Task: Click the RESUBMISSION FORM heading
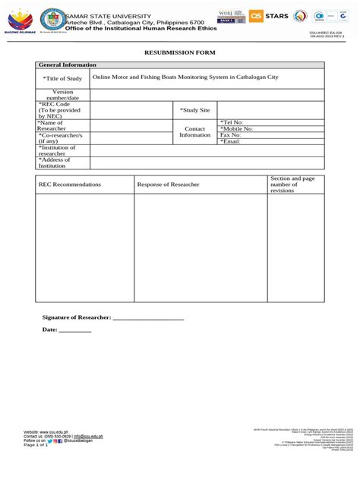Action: click(180, 52)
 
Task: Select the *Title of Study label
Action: click(62, 78)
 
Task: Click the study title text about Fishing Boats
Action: click(185, 77)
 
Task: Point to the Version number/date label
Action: click(62, 95)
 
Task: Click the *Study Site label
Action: click(194, 110)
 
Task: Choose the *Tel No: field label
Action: click(232, 122)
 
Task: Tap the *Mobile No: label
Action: click(236, 128)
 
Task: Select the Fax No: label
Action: click(231, 135)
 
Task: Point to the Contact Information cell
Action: click(194, 131)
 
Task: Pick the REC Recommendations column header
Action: click(69, 185)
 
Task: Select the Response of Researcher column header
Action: click(168, 185)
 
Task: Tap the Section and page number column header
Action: click(292, 184)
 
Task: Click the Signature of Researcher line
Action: click(148, 317)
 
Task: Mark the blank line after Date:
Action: click(75, 331)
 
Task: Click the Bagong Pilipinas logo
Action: click(20, 23)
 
